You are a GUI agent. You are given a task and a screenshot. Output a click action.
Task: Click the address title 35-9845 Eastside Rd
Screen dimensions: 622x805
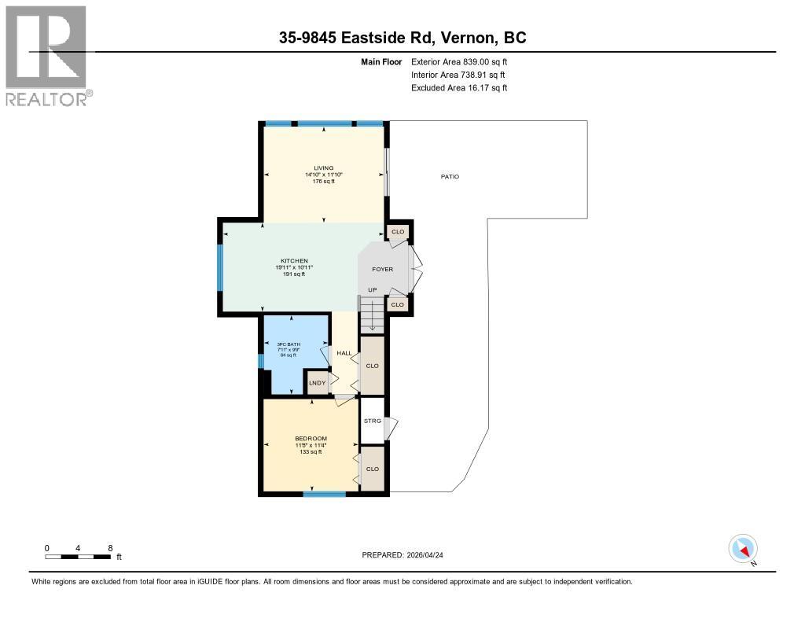click(402, 38)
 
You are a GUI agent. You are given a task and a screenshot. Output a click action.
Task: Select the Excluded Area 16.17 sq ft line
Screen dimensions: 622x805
click(459, 88)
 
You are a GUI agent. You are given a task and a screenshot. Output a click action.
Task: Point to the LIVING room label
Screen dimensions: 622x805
click(323, 167)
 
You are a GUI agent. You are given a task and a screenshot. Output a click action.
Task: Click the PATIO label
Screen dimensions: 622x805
click(450, 176)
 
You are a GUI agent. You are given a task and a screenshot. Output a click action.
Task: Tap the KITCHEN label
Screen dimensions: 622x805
click(294, 261)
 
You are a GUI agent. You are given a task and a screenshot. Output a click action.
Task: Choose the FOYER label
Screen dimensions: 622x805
click(383, 269)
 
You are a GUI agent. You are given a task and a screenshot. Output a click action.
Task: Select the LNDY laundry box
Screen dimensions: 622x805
click(317, 383)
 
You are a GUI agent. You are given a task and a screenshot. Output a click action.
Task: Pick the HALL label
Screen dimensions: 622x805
click(344, 353)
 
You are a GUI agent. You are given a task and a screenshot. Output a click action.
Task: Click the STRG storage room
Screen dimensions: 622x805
click(372, 421)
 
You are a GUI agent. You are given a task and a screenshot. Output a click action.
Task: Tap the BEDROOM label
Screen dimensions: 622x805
click(311, 439)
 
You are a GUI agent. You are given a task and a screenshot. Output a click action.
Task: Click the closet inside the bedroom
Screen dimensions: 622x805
click(372, 469)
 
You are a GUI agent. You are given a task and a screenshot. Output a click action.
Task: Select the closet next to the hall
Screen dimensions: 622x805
click(372, 366)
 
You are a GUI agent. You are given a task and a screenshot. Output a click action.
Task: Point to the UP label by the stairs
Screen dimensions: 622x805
click(373, 290)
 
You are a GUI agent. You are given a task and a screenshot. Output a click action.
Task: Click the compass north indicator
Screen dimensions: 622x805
click(743, 549)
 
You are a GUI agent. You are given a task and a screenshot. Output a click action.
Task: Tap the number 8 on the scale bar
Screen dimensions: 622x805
click(110, 547)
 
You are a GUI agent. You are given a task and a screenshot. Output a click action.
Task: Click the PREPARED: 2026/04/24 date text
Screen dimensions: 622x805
click(408, 554)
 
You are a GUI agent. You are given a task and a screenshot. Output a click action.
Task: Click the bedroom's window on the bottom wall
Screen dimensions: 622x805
click(324, 494)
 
